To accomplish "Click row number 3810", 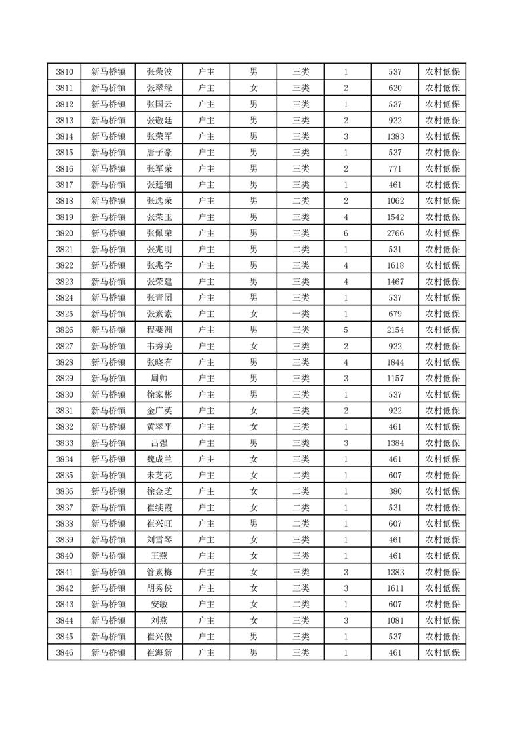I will pyautogui.click(x=64, y=72).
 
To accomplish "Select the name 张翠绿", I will pyautogui.click(x=159, y=88).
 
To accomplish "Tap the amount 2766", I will pyautogui.click(x=395, y=233).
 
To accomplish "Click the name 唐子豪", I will pyautogui.click(x=159, y=153).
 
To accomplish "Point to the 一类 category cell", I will pyautogui.click(x=300, y=314).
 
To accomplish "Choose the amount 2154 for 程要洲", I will pyautogui.click(x=395, y=330).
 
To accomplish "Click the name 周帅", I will pyautogui.click(x=159, y=378).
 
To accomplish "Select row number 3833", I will pyautogui.click(x=64, y=443).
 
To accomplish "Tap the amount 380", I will pyautogui.click(x=395, y=491).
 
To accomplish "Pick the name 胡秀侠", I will pyautogui.click(x=159, y=588).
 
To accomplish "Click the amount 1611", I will pyautogui.click(x=395, y=588).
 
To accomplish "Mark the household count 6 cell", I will pyautogui.click(x=346, y=233).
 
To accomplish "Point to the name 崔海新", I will pyautogui.click(x=159, y=652).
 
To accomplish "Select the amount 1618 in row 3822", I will pyautogui.click(x=395, y=265).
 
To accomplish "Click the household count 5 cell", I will pyautogui.click(x=346, y=330).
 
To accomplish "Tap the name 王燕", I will pyautogui.click(x=159, y=556).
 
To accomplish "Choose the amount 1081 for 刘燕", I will pyautogui.click(x=395, y=620).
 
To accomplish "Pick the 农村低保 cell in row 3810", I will pyautogui.click(x=442, y=72).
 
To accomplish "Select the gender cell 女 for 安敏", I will pyautogui.click(x=254, y=604).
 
